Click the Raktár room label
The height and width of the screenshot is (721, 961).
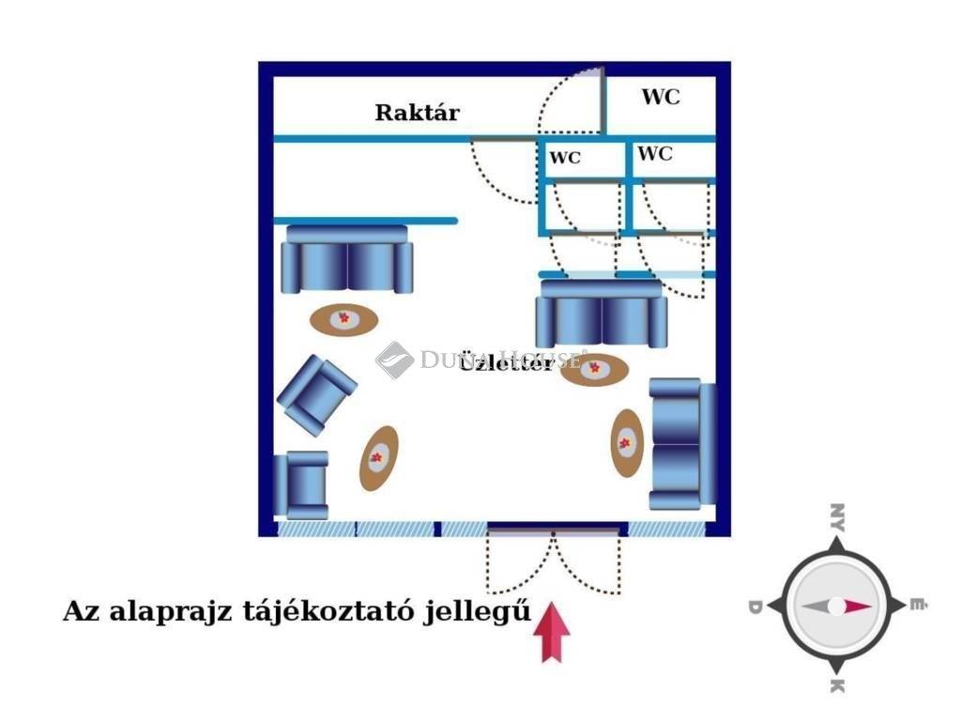[x=418, y=113]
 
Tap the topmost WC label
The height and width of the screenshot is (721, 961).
[x=661, y=97]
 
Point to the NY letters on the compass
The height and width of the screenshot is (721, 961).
[x=836, y=517]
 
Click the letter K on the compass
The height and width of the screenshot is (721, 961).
[x=836, y=687]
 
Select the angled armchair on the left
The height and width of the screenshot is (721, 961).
[x=316, y=394]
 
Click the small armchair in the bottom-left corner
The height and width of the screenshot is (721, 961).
[x=301, y=483]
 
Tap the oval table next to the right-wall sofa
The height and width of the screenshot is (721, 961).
[x=627, y=442]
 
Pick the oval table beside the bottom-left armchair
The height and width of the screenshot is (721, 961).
[x=378, y=457]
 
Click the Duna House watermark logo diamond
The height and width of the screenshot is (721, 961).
[x=394, y=360]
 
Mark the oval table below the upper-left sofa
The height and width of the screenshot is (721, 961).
[x=344, y=319]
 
